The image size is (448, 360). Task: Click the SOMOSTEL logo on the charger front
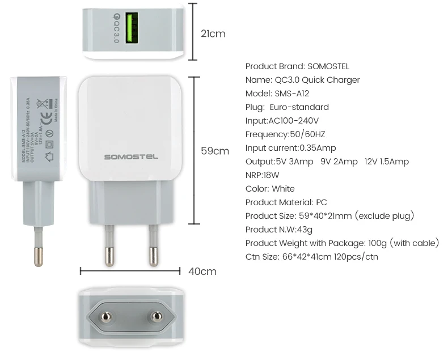[x=131, y=156]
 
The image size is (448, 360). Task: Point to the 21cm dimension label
[x=213, y=33]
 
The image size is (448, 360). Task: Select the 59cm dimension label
[x=215, y=151]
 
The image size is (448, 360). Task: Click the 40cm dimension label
[x=202, y=271]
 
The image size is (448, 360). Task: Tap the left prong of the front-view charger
[x=109, y=244]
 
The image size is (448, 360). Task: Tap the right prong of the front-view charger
[x=153, y=244]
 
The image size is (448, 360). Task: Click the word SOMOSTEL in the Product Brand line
[x=328, y=66]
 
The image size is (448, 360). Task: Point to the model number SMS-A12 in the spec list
[x=292, y=94]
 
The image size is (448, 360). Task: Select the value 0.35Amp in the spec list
[x=318, y=148]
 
